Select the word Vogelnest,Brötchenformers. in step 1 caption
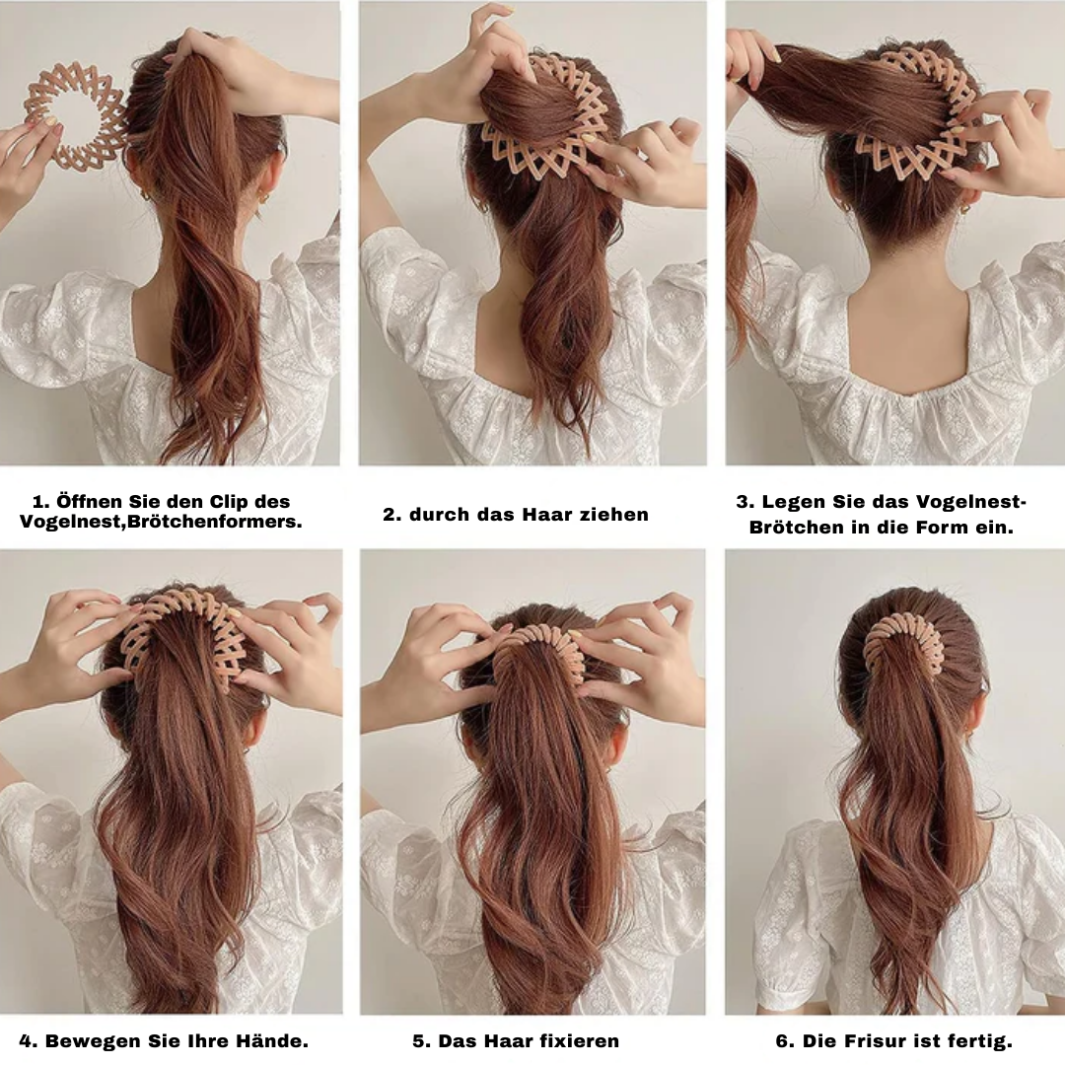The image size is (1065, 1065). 161,523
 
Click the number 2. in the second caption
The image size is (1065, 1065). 391,515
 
